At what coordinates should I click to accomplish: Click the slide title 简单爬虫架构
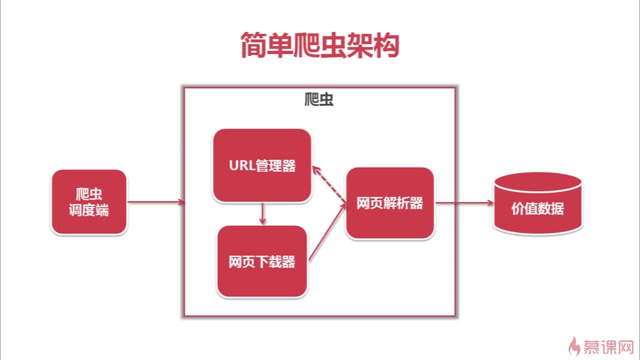319,46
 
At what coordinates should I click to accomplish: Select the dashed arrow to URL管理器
329,185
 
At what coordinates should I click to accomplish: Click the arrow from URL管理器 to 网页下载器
262,214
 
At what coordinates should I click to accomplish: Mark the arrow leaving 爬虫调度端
155,202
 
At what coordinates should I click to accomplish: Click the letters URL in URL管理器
242,166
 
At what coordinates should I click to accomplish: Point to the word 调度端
88,210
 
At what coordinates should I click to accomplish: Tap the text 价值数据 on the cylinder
537,209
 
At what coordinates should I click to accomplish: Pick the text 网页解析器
389,203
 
